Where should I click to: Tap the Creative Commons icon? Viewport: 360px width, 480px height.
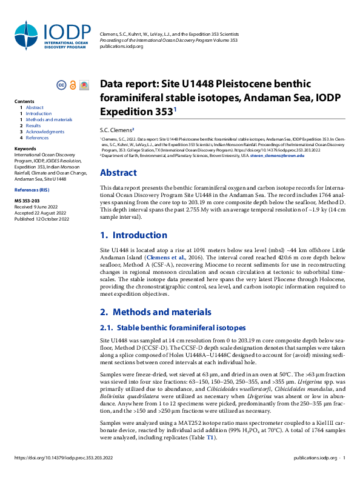(61, 85)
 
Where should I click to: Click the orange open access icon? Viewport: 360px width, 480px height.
(73, 85)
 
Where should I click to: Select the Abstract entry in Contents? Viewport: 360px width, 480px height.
(35, 107)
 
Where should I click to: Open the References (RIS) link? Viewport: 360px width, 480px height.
(31, 190)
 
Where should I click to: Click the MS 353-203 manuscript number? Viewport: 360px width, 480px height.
(27, 200)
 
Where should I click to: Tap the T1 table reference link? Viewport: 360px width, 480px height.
(210, 437)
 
